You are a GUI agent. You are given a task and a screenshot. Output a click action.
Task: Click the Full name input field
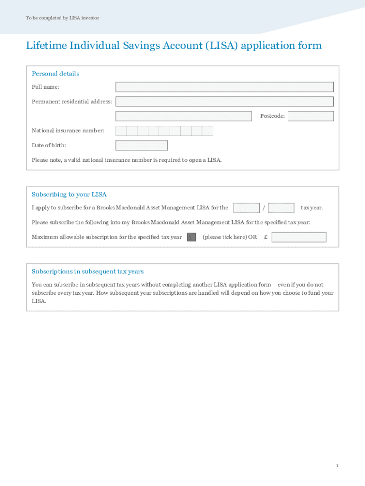[224, 87]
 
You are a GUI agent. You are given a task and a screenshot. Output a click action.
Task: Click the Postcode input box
[310, 116]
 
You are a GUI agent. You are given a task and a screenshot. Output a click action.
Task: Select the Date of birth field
[141, 145]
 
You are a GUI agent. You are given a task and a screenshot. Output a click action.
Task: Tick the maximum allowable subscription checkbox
[192, 237]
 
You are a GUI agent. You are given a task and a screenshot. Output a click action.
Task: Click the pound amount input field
[299, 237]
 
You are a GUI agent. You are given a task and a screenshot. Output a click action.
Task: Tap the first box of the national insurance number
[121, 131]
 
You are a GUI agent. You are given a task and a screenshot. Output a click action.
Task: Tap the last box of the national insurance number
[208, 131]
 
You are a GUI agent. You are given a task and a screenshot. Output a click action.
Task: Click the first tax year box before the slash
[246, 208]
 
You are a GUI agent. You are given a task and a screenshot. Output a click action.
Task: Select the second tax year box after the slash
[281, 208]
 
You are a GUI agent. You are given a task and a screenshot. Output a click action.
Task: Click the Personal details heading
[55, 74]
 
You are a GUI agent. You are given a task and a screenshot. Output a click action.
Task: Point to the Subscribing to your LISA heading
[69, 195]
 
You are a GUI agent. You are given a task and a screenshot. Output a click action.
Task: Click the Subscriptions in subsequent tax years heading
[88, 271]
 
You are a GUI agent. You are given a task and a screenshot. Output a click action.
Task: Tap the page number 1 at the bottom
[337, 466]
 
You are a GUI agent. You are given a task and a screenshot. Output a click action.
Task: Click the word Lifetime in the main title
[46, 46]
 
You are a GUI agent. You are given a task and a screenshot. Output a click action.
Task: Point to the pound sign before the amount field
[266, 237]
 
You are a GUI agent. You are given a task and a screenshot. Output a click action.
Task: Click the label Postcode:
[273, 116]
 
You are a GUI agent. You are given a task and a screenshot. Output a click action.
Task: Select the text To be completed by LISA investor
[63, 18]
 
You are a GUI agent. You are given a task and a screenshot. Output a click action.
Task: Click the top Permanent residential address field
[224, 102]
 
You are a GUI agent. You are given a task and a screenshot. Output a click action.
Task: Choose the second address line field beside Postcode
[183, 116]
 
